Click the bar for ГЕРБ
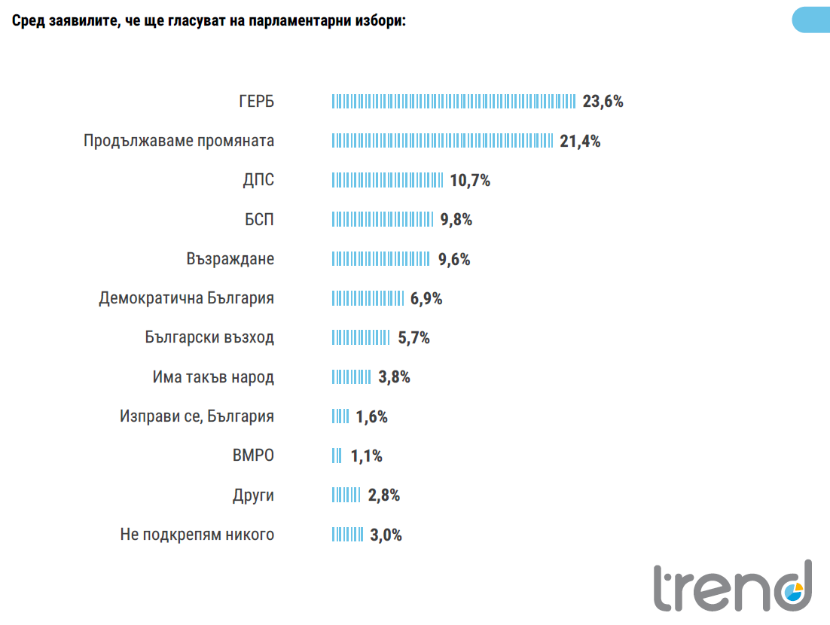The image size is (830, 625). tap(454, 101)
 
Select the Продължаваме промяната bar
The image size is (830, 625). tap(443, 141)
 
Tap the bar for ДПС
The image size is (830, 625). tap(388, 180)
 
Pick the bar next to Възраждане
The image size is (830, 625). tap(381, 259)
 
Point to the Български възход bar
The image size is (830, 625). tap(362, 338)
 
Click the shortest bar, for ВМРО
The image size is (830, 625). tap(337, 456)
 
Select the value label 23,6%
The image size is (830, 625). tap(603, 102)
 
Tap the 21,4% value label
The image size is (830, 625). tap(580, 141)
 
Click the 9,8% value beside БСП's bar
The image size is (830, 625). tap(456, 220)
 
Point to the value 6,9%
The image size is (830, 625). tap(426, 298)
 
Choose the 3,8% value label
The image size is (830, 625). tap(394, 377)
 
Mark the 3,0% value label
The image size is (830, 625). tap(386, 535)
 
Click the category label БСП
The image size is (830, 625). tap(259, 220)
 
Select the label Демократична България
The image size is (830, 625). tap(186, 298)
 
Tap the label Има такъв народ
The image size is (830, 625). tap(213, 377)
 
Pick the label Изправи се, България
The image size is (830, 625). tap(197, 416)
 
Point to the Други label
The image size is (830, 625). tap(253, 495)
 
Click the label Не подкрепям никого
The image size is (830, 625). tap(197, 535)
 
